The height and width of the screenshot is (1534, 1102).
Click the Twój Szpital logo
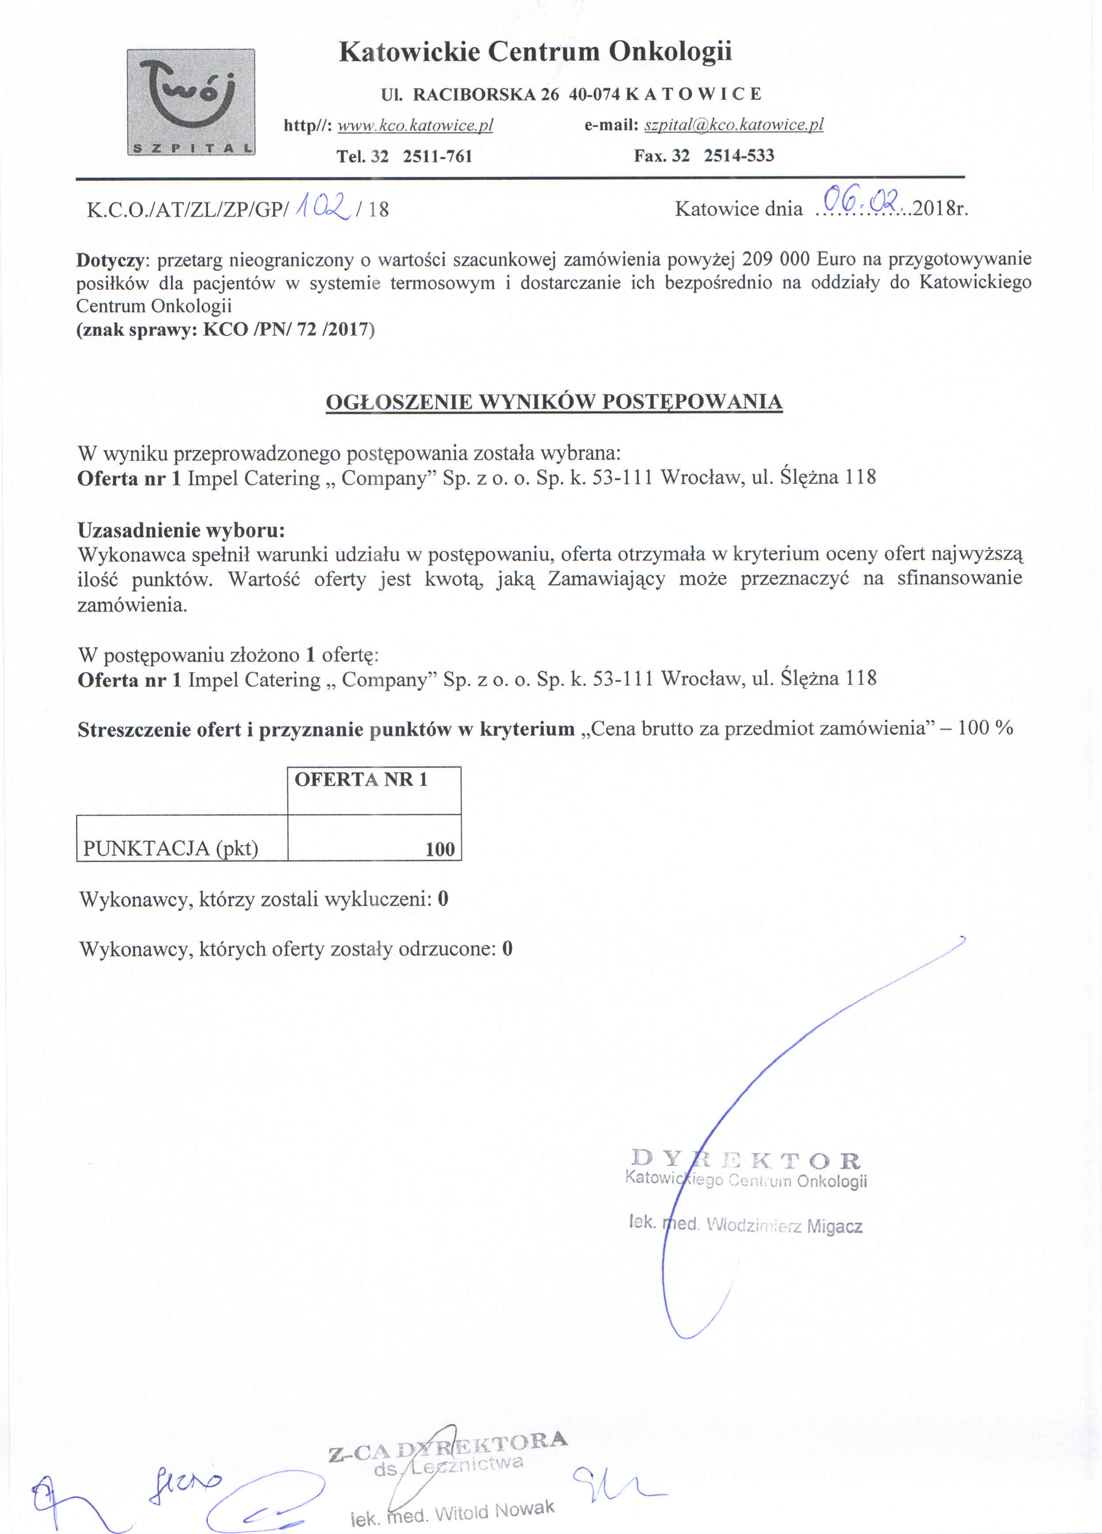pyautogui.click(x=191, y=102)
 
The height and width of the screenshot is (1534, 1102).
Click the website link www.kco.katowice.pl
pyautogui.click(x=415, y=126)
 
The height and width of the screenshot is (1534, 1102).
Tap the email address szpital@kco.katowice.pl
pyautogui.click(x=733, y=125)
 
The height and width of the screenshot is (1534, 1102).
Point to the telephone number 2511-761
pyautogui.click(x=438, y=157)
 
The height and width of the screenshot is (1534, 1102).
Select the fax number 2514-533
pyautogui.click(x=739, y=156)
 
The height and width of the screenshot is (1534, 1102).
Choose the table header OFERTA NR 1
pyautogui.click(x=361, y=780)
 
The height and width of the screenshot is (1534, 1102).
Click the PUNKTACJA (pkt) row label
pyautogui.click(x=170, y=848)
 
